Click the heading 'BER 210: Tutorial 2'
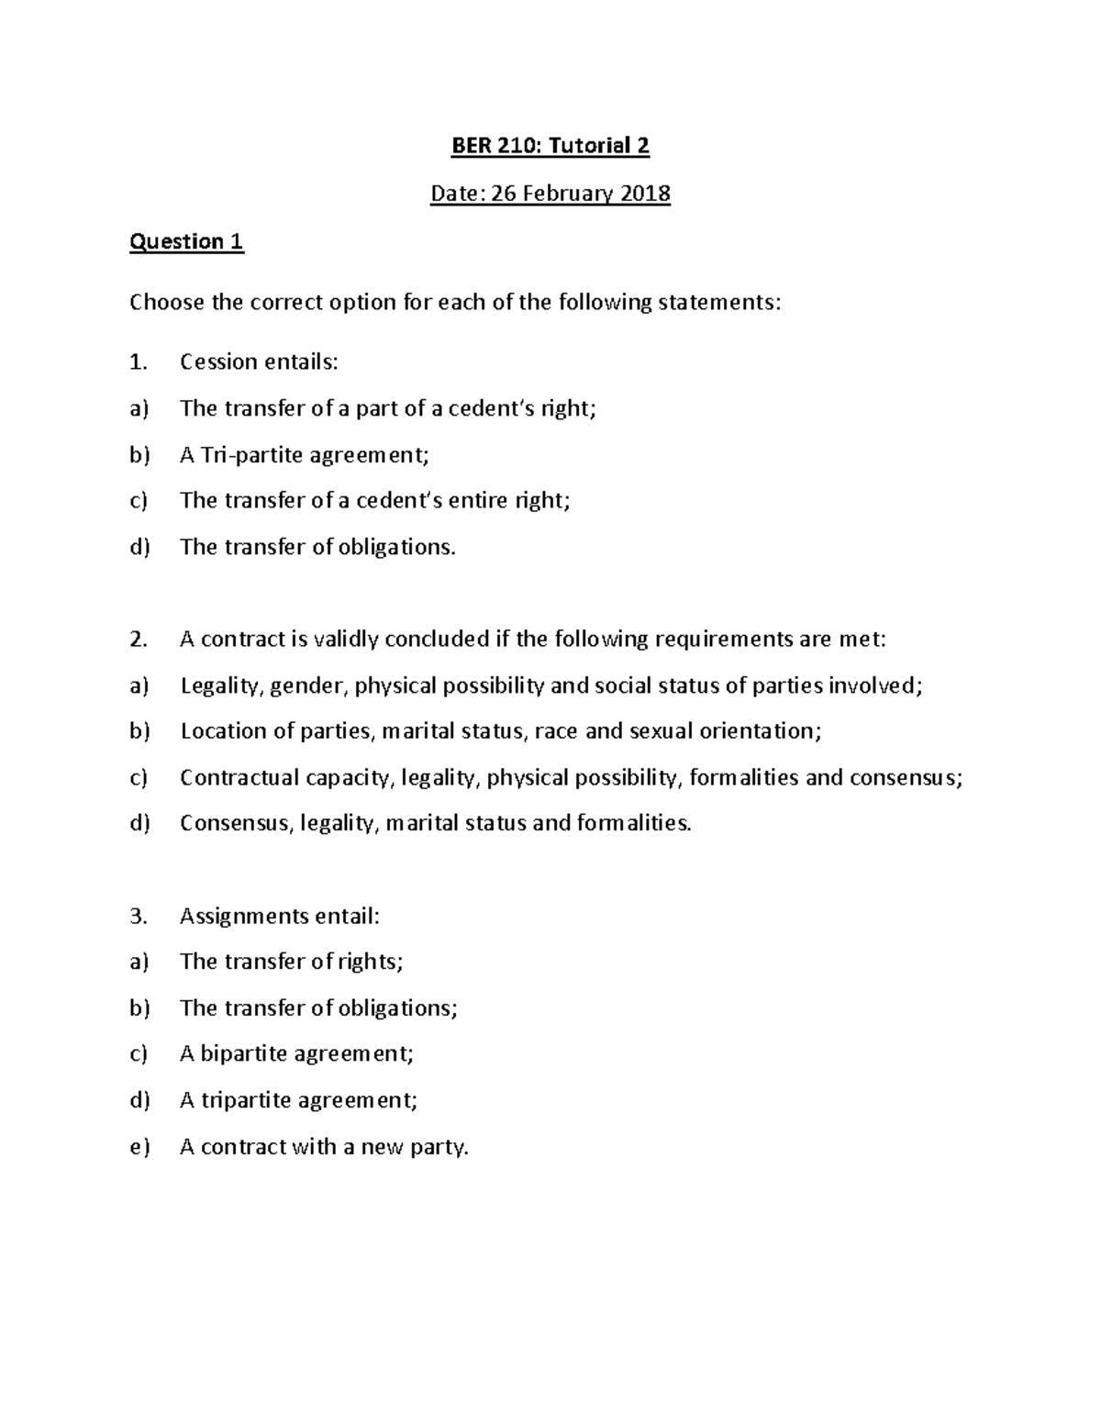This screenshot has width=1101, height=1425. point(550,146)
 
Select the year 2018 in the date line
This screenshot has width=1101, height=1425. point(643,194)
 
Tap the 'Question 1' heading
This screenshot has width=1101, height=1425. point(186,241)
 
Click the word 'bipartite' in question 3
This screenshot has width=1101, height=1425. point(243,1053)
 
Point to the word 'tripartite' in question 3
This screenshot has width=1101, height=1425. point(245,1100)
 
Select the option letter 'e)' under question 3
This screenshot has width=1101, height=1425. point(139,1147)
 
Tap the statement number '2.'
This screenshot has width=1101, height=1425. point(138,640)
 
